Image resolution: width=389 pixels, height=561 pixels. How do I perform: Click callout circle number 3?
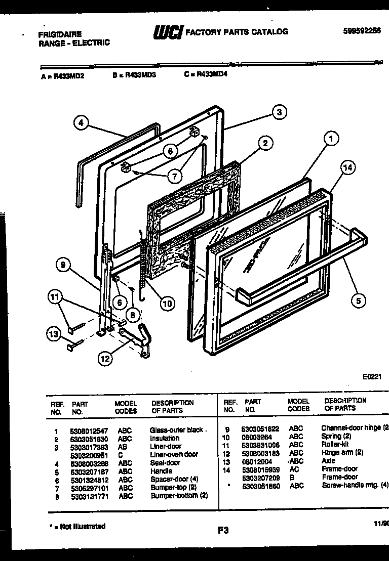point(279,112)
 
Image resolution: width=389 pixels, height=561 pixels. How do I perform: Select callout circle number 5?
point(358,300)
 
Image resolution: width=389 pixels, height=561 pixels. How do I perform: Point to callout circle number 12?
point(104,359)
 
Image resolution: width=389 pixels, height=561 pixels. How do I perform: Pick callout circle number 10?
point(166,304)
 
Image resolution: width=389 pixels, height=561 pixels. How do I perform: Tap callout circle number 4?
point(81,123)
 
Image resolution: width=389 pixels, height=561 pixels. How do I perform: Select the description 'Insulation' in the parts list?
point(164,438)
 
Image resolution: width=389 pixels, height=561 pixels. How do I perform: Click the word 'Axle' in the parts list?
point(328,461)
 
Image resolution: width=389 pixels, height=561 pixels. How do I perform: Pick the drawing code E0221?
point(372,377)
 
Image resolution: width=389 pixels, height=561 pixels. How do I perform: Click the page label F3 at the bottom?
point(223,531)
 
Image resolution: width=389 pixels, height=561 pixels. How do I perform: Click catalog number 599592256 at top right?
point(362,30)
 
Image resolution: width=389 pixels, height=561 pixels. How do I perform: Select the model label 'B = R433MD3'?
point(134,74)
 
